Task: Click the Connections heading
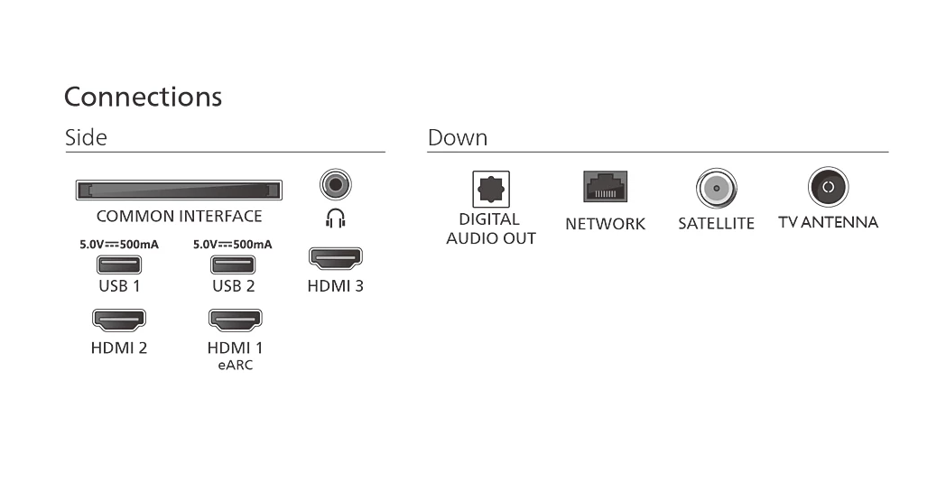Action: click(x=143, y=98)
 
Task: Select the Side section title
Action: click(x=87, y=137)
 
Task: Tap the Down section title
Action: click(x=458, y=137)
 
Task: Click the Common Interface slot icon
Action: click(x=179, y=190)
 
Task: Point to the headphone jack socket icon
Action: click(x=336, y=185)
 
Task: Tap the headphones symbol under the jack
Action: click(x=336, y=218)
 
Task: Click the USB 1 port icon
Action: click(x=119, y=265)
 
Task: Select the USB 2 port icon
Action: click(x=233, y=265)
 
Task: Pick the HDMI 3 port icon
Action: click(x=336, y=258)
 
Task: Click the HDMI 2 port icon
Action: click(x=119, y=320)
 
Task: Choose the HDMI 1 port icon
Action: click(x=236, y=320)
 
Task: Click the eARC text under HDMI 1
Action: click(x=236, y=366)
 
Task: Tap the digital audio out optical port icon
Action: click(x=490, y=190)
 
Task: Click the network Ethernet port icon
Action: click(x=605, y=187)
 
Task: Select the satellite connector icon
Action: click(x=716, y=189)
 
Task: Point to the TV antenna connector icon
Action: click(x=828, y=187)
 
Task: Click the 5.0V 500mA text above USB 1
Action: click(x=119, y=245)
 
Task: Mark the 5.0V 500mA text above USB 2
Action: click(x=233, y=245)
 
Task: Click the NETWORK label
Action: click(x=605, y=224)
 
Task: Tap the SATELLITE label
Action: click(x=716, y=223)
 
